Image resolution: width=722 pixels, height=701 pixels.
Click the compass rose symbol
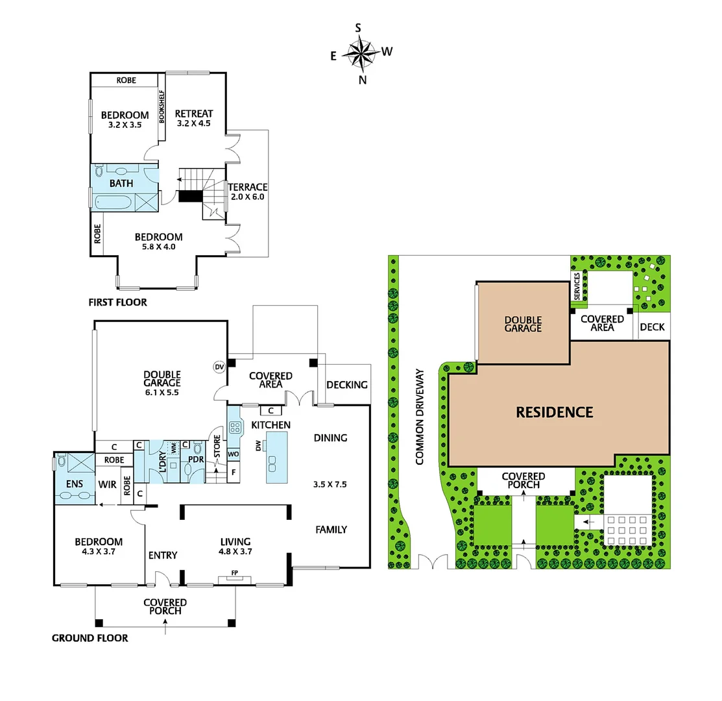pyautogui.click(x=363, y=52)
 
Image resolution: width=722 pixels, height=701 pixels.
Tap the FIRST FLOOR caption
pyautogui.click(x=117, y=302)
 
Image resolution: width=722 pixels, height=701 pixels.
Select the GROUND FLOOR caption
pyautogui.click(x=90, y=638)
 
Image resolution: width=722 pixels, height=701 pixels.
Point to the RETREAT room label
pyautogui.click(x=194, y=114)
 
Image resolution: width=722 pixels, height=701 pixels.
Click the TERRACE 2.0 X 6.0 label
pyautogui.click(x=247, y=191)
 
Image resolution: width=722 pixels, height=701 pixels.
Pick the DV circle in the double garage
pyautogui.click(x=219, y=367)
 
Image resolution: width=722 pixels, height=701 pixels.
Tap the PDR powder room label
pyautogui.click(x=197, y=460)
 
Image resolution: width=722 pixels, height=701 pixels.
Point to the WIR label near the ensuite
pyautogui.click(x=106, y=484)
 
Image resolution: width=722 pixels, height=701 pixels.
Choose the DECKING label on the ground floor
pyautogui.click(x=347, y=385)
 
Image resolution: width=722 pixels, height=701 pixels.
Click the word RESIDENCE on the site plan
pyautogui.click(x=554, y=412)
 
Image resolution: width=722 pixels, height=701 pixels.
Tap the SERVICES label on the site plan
pyautogui.click(x=577, y=286)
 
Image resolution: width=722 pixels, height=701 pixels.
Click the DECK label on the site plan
pyautogui.click(x=652, y=327)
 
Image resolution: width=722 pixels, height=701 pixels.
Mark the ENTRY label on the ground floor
pyautogui.click(x=163, y=555)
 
